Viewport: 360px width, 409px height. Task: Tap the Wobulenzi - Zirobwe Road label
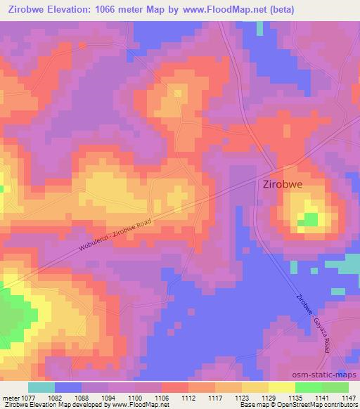click(x=115, y=239)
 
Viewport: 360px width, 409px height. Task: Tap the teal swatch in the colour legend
click(x=41, y=387)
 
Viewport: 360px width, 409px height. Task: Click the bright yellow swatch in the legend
click(x=282, y=387)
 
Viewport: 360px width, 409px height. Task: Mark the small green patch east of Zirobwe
click(x=309, y=220)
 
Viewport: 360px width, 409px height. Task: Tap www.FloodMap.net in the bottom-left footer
click(x=131, y=405)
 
